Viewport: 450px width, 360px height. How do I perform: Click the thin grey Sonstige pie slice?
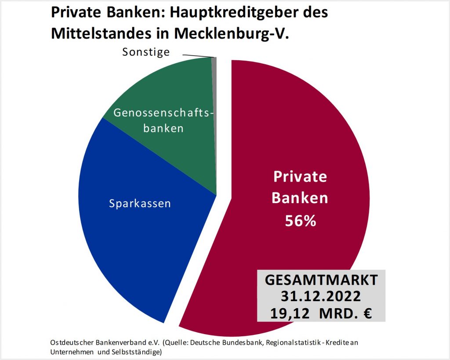tap(214, 88)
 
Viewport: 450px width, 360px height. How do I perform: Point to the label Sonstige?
tap(146, 52)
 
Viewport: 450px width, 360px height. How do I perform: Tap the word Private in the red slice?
tap(300, 177)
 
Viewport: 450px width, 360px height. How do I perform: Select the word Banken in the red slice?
tap(300, 198)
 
